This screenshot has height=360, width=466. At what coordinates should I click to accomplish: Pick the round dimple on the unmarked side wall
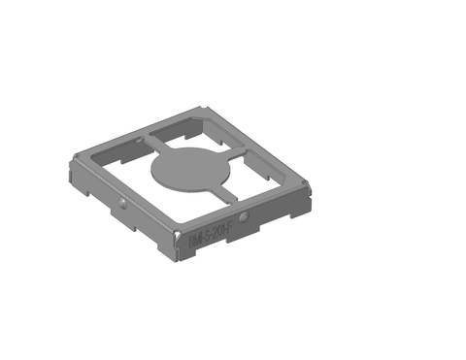[x=122, y=201]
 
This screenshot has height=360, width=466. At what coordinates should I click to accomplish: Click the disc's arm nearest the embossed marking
[x=228, y=195]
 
